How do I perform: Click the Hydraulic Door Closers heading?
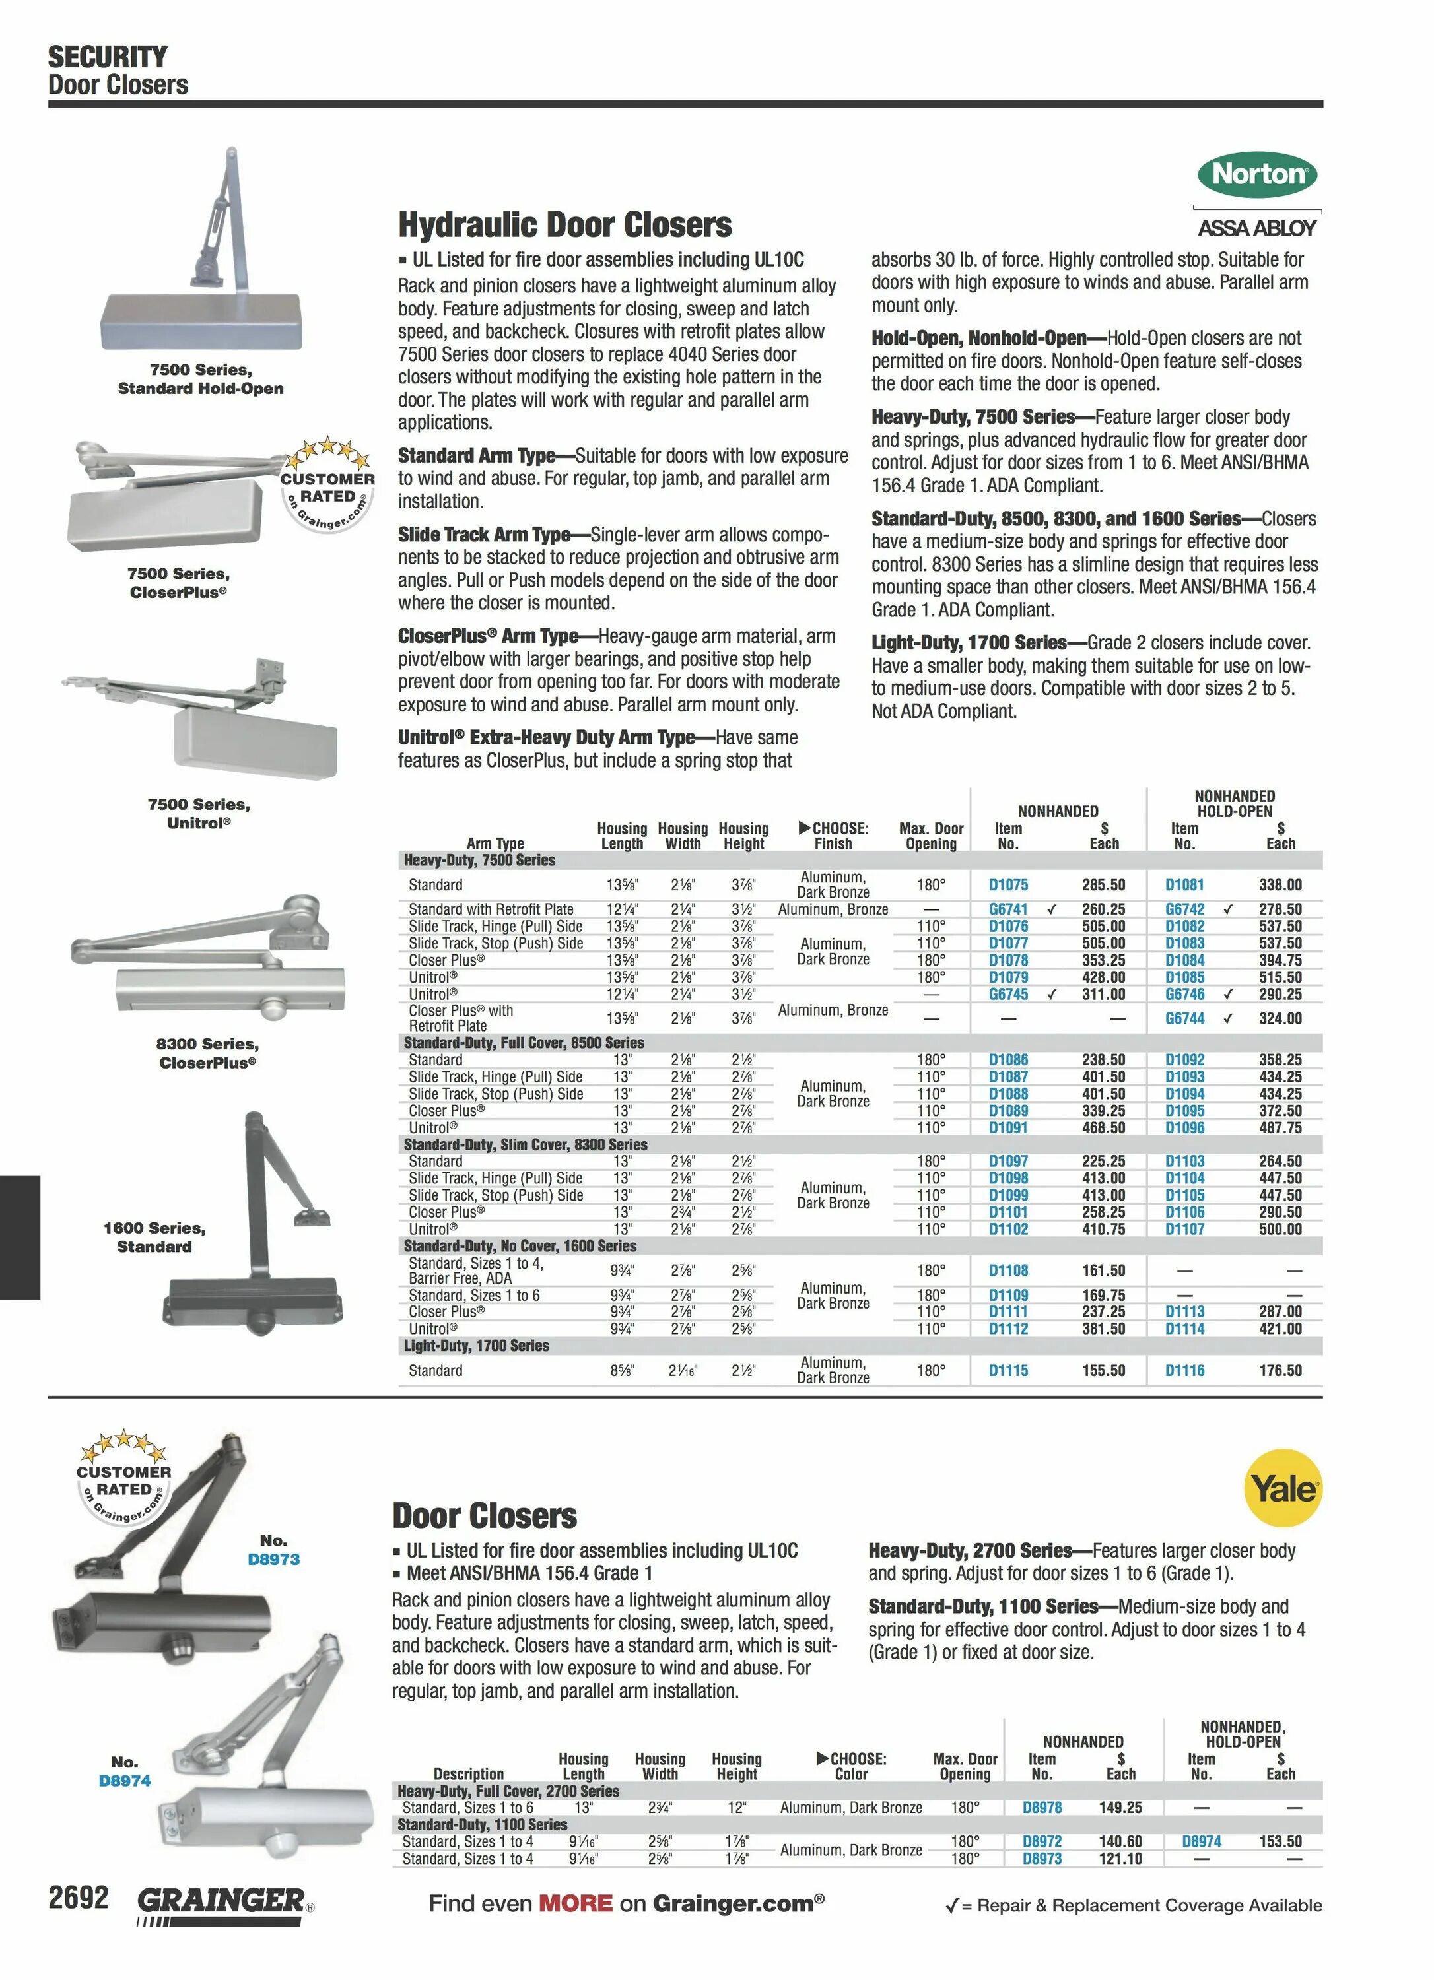click(564, 225)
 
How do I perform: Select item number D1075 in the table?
click(1007, 884)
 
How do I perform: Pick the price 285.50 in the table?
click(1103, 884)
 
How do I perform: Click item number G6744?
click(1184, 1018)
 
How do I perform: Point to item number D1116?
click(1184, 1371)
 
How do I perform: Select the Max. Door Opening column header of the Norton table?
click(931, 836)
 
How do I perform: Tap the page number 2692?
click(79, 1897)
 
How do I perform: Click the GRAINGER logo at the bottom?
click(222, 1901)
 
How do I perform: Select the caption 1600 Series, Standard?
click(154, 1237)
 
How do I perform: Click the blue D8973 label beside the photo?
click(273, 1559)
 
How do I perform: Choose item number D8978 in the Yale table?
click(1042, 1807)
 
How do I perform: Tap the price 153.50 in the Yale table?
click(1280, 1841)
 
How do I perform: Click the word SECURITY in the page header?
click(108, 57)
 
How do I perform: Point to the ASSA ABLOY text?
click(1256, 229)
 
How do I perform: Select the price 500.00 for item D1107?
click(1280, 1228)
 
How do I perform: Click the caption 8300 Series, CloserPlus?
click(207, 1053)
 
